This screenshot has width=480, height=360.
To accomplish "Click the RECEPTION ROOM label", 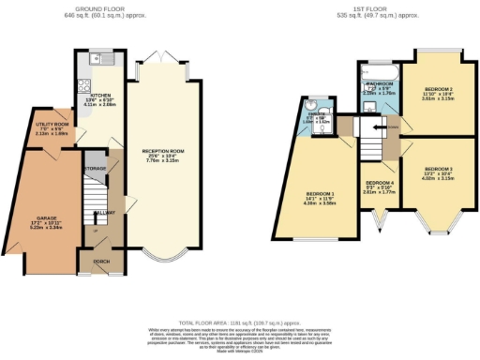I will coord(160,150).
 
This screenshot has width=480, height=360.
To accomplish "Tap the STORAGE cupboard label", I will coord(94,169).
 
